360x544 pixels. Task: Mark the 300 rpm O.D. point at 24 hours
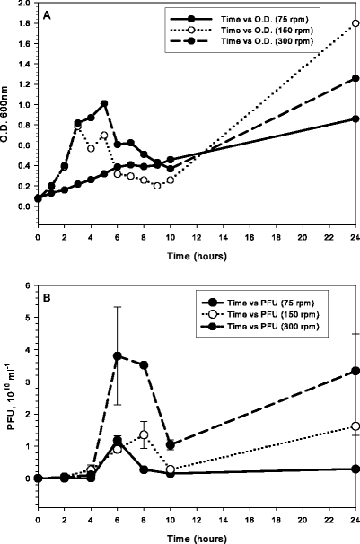click(x=356, y=78)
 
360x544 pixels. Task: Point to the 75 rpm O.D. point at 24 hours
click(x=356, y=118)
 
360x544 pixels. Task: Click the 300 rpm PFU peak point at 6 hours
click(x=117, y=355)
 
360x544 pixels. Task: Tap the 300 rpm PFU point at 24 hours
click(x=356, y=371)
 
